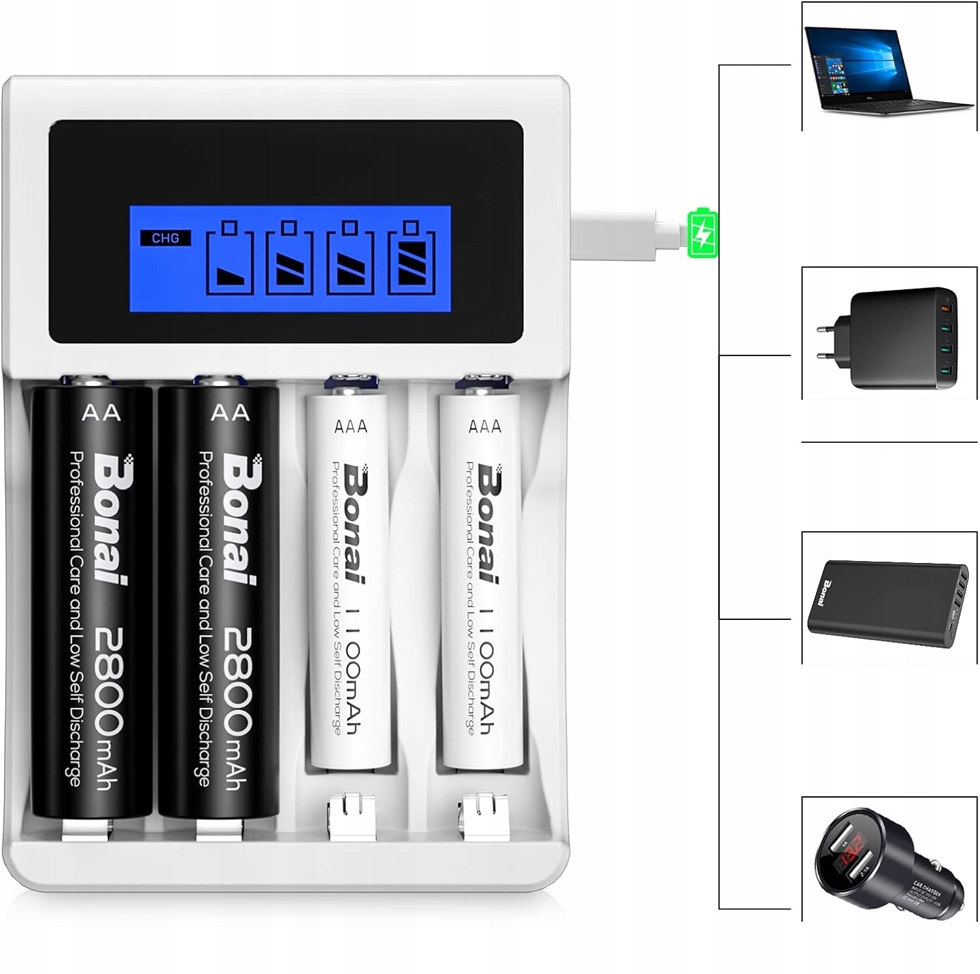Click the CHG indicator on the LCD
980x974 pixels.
[x=165, y=238]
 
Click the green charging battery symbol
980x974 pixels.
[x=702, y=233]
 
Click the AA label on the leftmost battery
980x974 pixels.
[x=101, y=413]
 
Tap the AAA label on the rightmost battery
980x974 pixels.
[x=485, y=427]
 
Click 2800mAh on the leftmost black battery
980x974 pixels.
[x=108, y=708]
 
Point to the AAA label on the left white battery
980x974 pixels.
[x=351, y=427]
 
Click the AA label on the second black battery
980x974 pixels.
[x=231, y=413]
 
